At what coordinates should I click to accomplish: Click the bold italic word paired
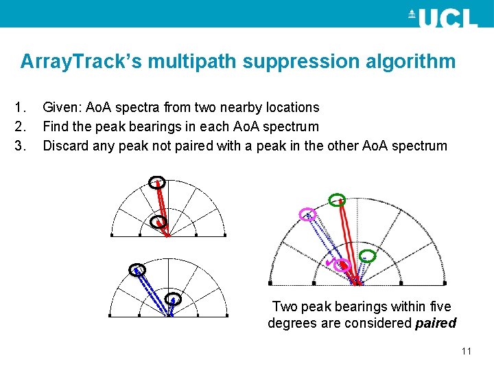(x=436, y=323)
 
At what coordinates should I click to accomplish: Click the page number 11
(x=467, y=351)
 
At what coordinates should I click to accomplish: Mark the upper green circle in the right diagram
(x=336, y=201)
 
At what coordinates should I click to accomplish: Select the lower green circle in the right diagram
(x=368, y=257)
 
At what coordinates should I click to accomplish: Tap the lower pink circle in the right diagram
(x=342, y=265)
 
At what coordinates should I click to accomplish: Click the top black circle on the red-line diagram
(x=156, y=182)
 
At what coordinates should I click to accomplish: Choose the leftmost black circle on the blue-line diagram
(x=137, y=269)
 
